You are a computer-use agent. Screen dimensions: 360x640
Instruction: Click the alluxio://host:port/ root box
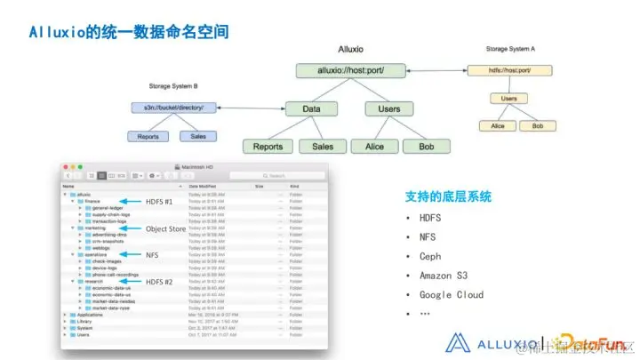(351, 70)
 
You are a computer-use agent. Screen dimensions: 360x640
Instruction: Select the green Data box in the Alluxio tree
(311, 108)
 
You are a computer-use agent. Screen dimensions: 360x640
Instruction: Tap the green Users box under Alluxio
(389, 108)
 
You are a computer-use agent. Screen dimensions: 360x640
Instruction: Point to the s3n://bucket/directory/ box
(172, 108)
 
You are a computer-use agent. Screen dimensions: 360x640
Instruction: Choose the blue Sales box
(198, 136)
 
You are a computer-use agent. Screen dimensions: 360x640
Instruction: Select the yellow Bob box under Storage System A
(537, 126)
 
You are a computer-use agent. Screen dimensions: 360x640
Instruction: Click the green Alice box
(368, 147)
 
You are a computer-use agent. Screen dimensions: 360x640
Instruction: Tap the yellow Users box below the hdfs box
(508, 99)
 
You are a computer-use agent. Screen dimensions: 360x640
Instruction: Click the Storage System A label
(516, 48)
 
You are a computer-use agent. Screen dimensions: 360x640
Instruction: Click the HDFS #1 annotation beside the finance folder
(160, 202)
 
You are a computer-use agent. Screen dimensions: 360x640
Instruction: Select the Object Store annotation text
(165, 228)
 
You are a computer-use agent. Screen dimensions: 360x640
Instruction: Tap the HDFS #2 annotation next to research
(160, 282)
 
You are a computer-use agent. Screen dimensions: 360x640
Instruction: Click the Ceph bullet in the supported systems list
(430, 256)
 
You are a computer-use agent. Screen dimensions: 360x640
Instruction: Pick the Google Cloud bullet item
(451, 294)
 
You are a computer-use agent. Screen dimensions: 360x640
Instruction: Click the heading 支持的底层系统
(448, 196)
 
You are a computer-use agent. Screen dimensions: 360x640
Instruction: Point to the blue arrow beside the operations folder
(131, 255)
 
